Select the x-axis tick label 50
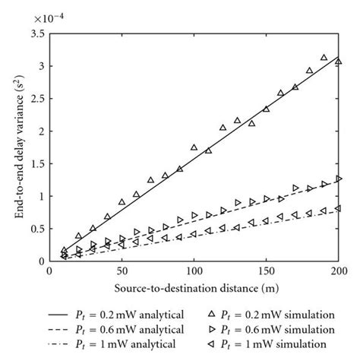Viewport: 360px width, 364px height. [x=122, y=271]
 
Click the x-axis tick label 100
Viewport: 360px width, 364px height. [x=194, y=271]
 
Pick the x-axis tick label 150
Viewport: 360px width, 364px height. [x=266, y=271]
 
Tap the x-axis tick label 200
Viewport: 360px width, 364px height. [x=338, y=271]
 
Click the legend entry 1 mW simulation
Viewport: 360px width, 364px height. [x=270, y=343]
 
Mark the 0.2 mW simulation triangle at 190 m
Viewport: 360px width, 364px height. [x=324, y=58]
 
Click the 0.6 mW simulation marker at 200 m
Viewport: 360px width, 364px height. [x=339, y=179]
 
